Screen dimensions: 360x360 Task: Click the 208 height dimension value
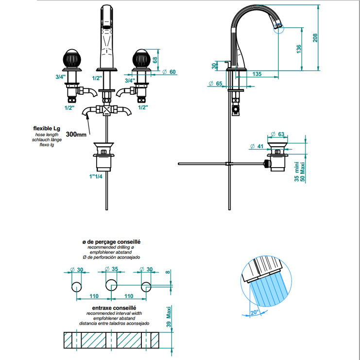point(315,37)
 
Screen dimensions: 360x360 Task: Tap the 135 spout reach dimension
point(257,74)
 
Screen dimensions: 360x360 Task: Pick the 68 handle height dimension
point(155,60)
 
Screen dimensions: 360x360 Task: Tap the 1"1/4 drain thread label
point(96,176)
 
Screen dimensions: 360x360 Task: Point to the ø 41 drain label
point(257,146)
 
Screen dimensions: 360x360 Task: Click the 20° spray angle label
point(256,312)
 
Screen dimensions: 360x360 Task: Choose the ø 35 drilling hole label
point(111,270)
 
